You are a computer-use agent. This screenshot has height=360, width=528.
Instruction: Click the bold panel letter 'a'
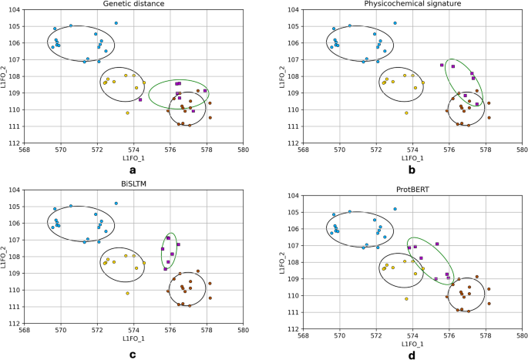click(133, 170)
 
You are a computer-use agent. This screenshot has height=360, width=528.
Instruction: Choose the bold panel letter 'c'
click(133, 355)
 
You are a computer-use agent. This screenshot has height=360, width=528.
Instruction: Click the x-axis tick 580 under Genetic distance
click(243, 150)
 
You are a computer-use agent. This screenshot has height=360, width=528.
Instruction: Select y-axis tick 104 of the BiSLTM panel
click(15, 190)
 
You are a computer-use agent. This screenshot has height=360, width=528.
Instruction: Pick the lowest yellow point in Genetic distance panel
click(128, 113)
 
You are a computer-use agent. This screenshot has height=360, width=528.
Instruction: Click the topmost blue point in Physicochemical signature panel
click(395, 23)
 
